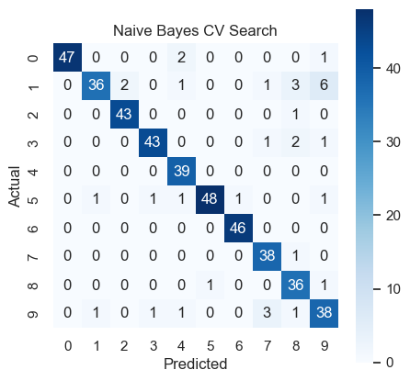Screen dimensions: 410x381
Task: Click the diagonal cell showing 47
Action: click(67, 58)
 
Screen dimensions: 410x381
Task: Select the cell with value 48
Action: click(210, 199)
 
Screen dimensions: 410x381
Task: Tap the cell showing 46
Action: click(238, 228)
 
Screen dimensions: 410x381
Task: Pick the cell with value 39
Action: click(181, 171)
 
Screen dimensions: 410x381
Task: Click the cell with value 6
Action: click(325, 85)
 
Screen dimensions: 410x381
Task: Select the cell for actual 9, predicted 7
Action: click(267, 313)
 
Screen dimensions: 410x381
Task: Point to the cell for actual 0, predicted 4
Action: click(181, 58)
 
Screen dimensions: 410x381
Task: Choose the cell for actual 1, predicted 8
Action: click(295, 85)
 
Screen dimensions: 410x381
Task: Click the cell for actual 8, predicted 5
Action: click(210, 285)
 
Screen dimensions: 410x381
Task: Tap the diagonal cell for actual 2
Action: click(124, 114)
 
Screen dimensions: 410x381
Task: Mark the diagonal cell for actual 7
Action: click(267, 256)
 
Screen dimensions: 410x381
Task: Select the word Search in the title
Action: click(253, 30)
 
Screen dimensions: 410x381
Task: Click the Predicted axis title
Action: click(196, 364)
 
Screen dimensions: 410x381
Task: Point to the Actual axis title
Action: click(14, 186)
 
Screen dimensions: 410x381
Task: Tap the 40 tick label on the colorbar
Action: click(393, 69)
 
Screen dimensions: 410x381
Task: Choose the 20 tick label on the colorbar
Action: click(393, 216)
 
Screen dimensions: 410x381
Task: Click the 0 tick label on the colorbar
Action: click(390, 363)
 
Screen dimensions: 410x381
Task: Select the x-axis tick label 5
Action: click(211, 346)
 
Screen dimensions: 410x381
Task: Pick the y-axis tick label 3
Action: click(33, 143)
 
